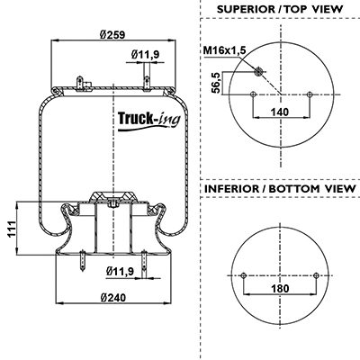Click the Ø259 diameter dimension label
(112, 35)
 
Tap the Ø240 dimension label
(113, 298)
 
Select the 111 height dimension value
(11, 229)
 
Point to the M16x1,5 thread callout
(225, 50)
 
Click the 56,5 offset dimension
(217, 83)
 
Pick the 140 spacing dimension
(280, 112)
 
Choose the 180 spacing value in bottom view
(280, 289)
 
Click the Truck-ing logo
(149, 121)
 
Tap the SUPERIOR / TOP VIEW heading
(280, 9)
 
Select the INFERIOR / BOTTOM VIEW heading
(280, 189)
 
